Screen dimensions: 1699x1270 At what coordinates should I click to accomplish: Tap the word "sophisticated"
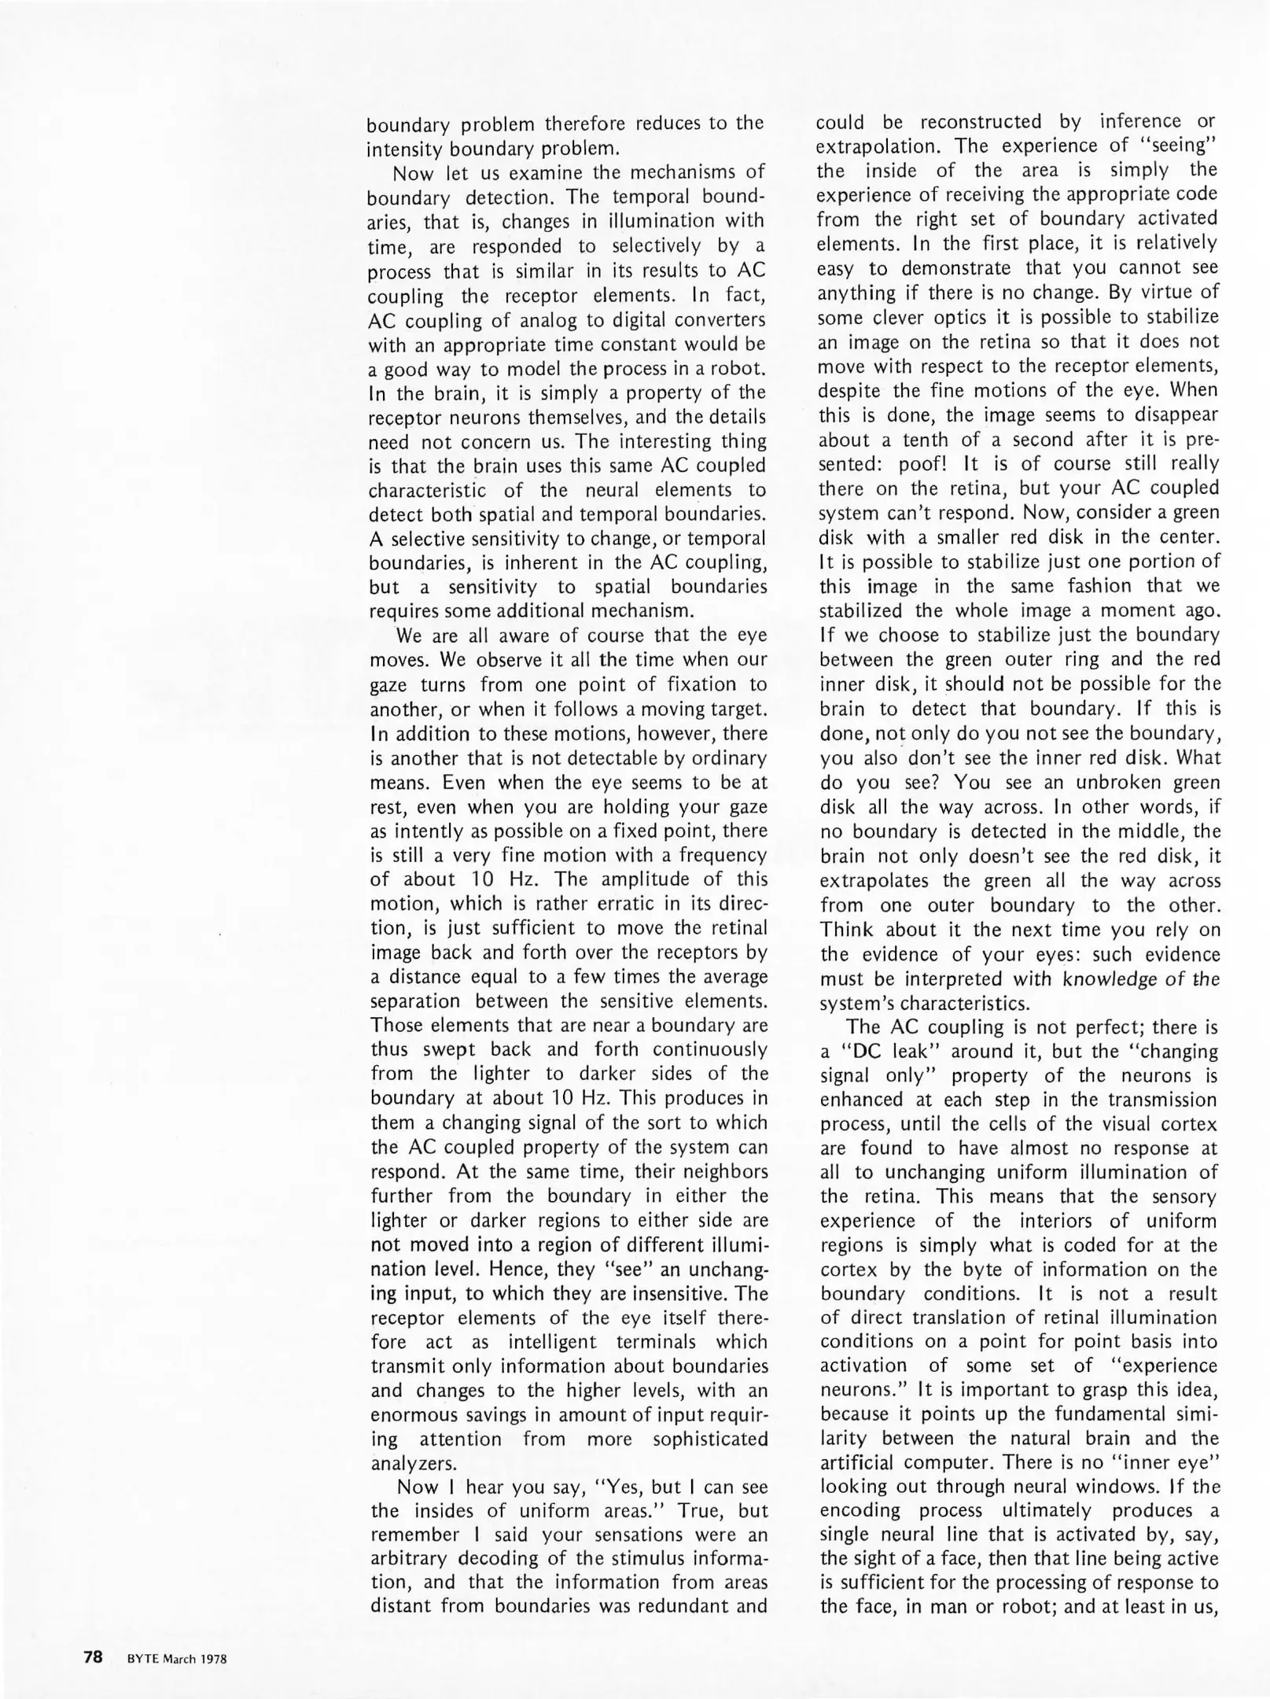click(710, 1439)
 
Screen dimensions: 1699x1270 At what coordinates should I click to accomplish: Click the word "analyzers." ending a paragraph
click(414, 1464)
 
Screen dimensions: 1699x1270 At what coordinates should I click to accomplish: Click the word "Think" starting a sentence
click(846, 930)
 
